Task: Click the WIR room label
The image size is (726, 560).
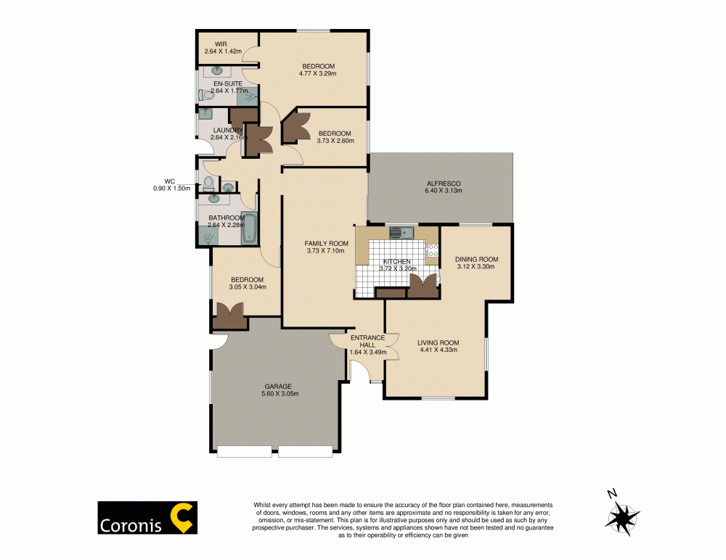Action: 211,44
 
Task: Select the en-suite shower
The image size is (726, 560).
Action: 249,95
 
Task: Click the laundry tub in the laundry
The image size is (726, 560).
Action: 206,113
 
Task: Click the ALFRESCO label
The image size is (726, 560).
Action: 439,183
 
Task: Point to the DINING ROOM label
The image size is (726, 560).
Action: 476,259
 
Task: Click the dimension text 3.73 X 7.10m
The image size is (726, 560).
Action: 327,251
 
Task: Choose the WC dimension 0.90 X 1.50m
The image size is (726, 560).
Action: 171,189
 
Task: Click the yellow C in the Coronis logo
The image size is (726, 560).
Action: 180,516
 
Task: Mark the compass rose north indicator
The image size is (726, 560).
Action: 613,495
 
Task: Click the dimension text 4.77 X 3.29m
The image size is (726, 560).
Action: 317,73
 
